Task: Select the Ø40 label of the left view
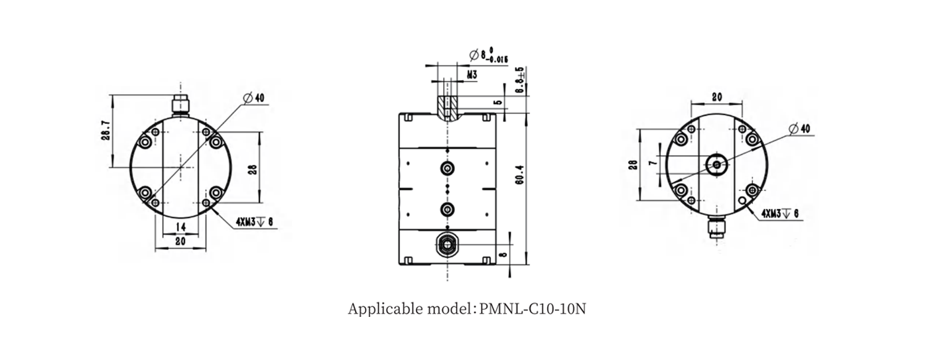253,98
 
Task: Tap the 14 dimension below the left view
180,227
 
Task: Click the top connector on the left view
180,104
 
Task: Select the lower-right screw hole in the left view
216,194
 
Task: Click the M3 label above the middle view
472,76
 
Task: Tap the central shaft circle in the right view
716,164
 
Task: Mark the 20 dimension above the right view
716,97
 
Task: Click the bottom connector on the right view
716,229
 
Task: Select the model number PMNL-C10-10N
533,309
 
